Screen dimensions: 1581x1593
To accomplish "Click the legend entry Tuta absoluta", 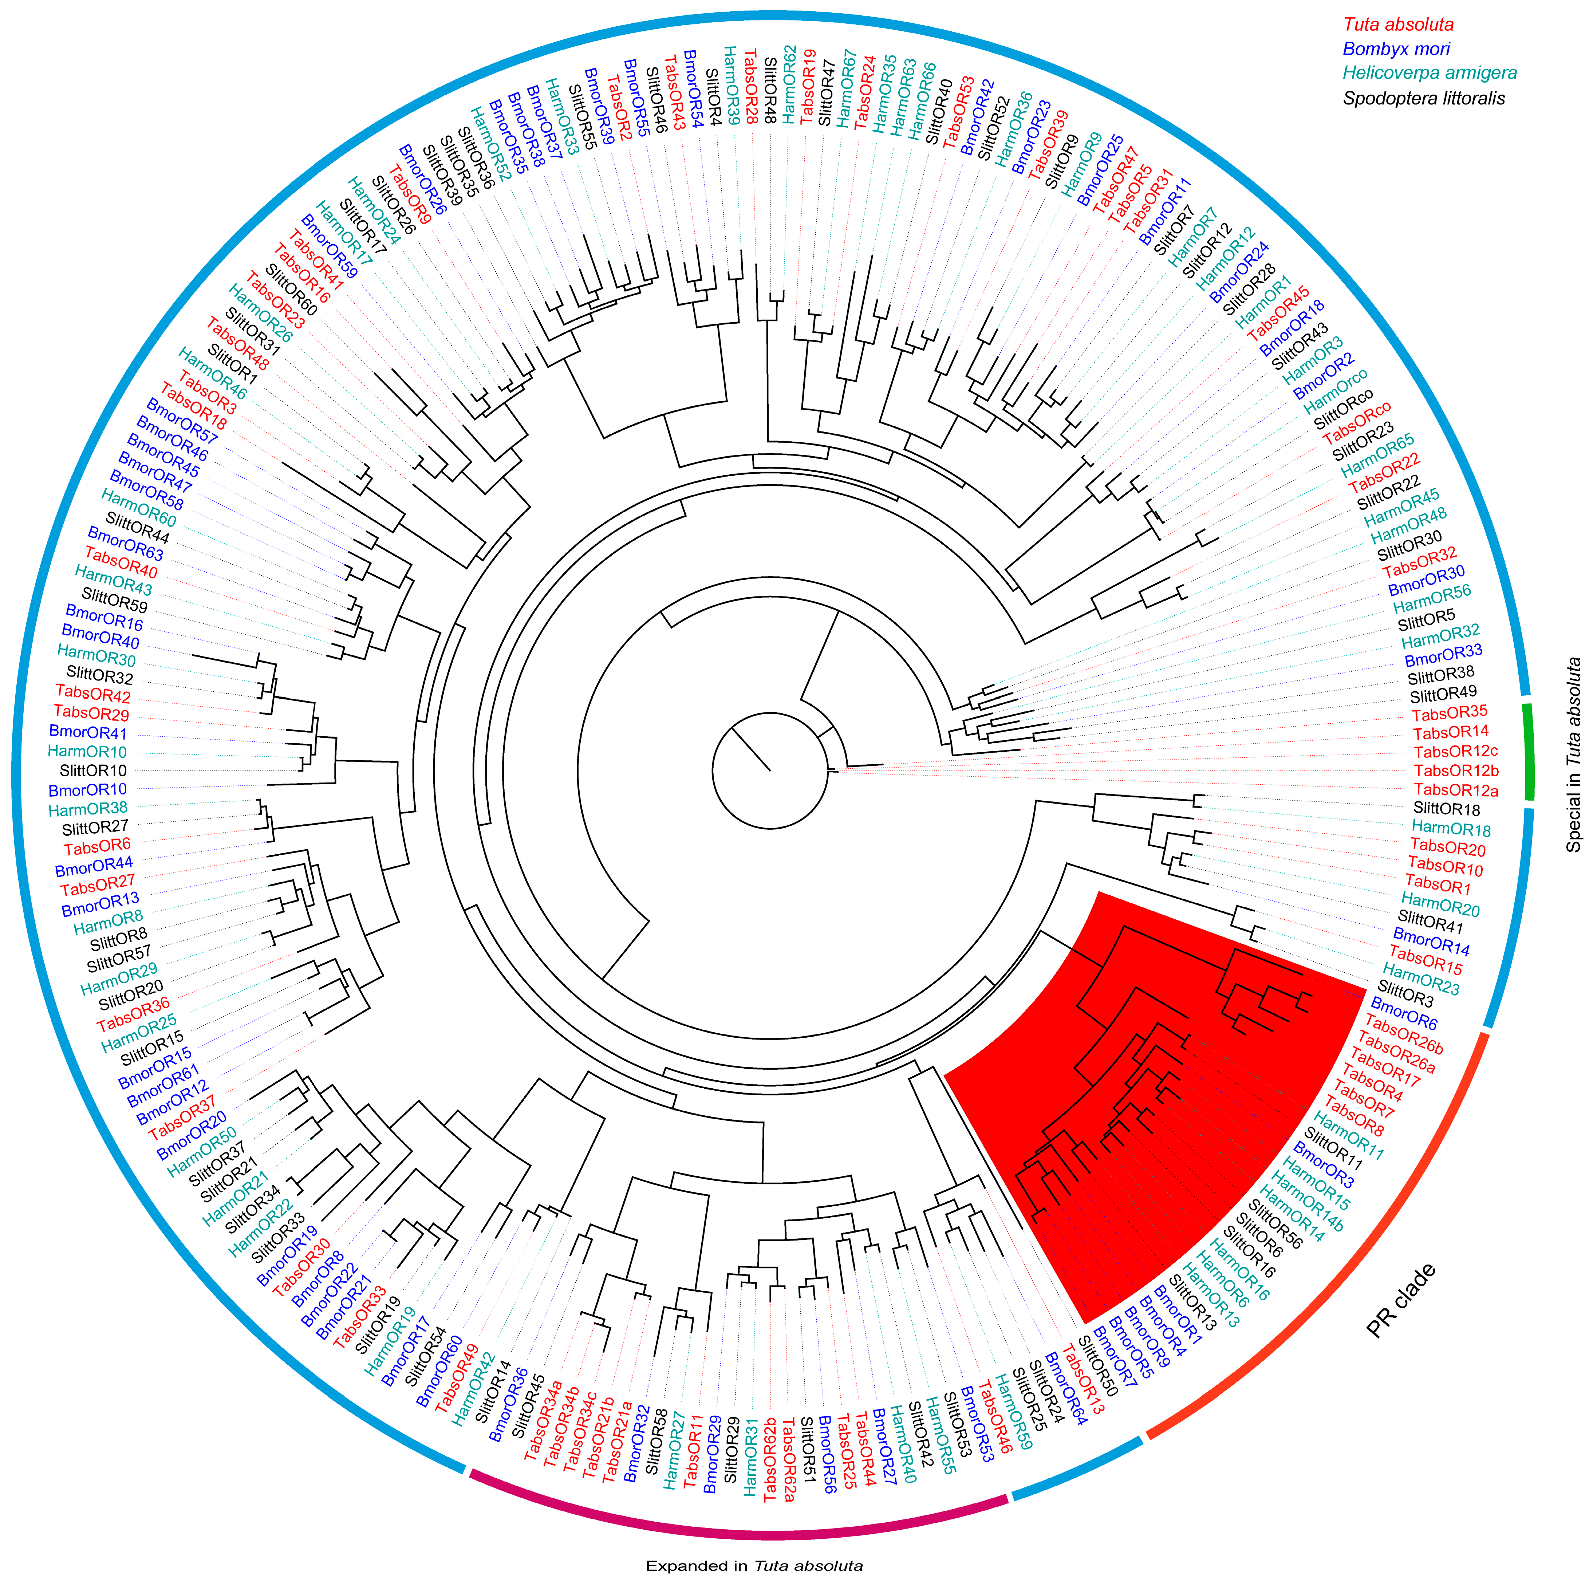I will pyautogui.click(x=1399, y=25).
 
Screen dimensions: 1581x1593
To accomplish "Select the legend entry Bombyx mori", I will pyautogui.click(x=1396, y=50).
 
